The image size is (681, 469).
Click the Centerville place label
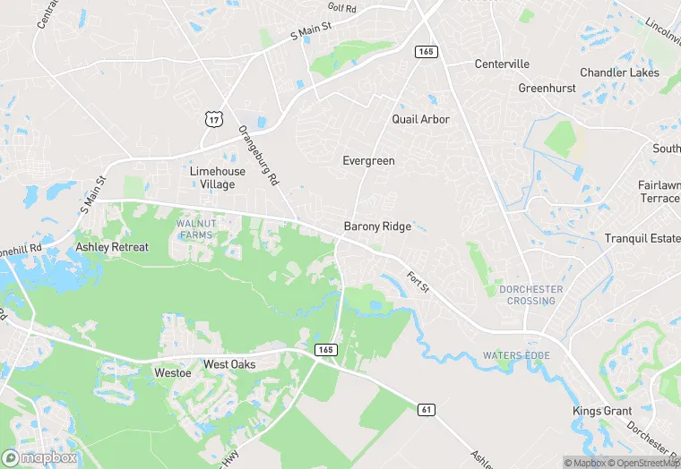point(502,64)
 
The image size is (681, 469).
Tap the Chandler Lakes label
point(619,72)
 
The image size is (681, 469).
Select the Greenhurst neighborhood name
point(546,89)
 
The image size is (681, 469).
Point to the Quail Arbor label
point(420,119)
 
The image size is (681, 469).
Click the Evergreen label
point(368,161)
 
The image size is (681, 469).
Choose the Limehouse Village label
point(212,177)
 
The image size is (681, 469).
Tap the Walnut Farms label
point(195,228)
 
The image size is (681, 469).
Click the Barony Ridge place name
point(377,226)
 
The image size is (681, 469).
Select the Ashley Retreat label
point(112,247)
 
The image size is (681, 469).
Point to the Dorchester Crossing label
point(531,294)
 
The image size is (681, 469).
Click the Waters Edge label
point(515,355)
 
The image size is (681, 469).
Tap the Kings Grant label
point(602,412)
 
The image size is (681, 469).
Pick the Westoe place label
point(173,372)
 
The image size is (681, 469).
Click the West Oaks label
point(229,364)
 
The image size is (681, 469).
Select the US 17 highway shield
point(212,117)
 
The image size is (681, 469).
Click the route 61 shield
point(427,409)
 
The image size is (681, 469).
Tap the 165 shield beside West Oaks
point(325,350)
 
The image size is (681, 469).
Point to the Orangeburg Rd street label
point(260,155)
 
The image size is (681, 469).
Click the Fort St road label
point(418,281)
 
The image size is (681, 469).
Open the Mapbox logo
point(40,457)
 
